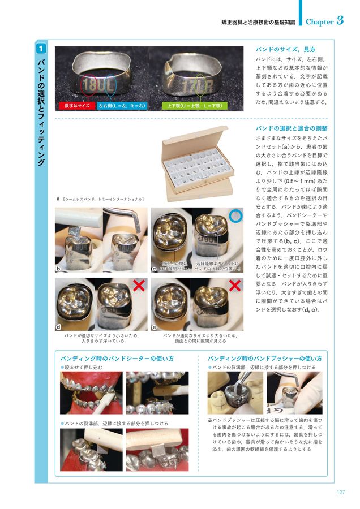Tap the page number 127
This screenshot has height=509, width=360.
coord(341,491)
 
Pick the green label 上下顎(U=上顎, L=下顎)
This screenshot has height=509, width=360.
coord(195,106)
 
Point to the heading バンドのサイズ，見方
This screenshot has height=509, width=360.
coord(285,49)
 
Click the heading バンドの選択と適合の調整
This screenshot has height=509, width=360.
coord(292,128)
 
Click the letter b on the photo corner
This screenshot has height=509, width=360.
coord(58,269)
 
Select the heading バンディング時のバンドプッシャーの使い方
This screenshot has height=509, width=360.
coord(264,359)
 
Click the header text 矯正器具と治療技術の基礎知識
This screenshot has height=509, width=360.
coord(258,22)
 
